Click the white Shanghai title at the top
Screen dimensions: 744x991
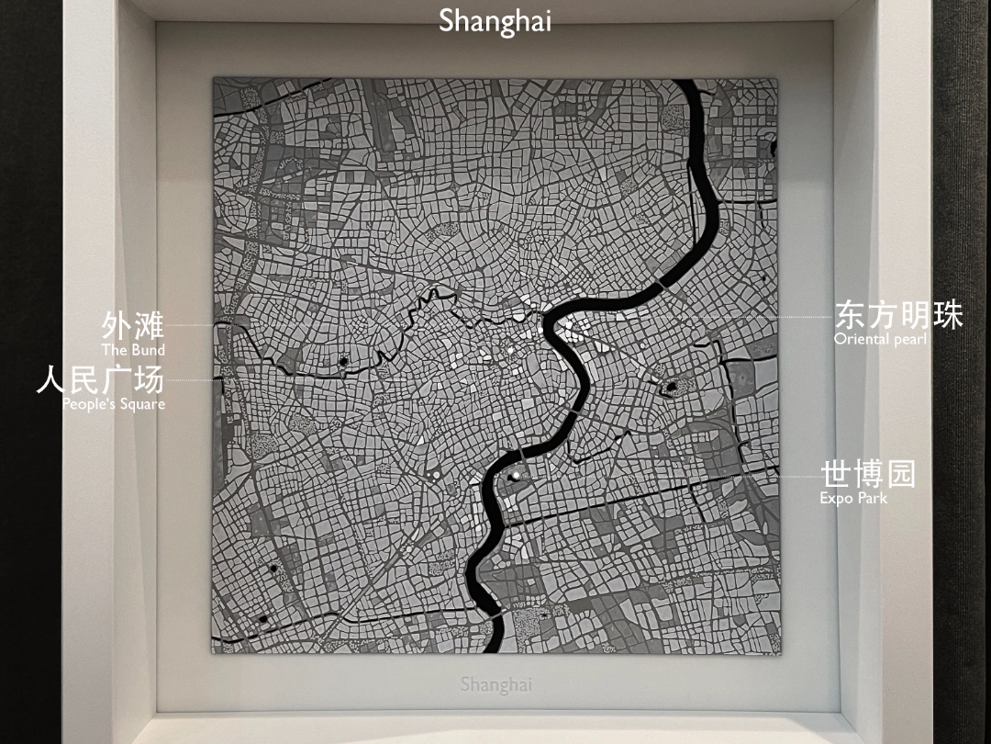(495, 20)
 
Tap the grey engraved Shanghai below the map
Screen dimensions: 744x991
(495, 684)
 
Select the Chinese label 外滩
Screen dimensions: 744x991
(133, 326)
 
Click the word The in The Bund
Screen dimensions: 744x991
(114, 350)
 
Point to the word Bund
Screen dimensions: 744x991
(147, 350)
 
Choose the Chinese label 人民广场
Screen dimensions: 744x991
(100, 379)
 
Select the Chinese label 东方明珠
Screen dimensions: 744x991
(898, 315)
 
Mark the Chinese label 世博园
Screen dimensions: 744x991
(867, 475)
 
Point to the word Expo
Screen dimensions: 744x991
(837, 498)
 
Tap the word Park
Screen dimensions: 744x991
(873, 498)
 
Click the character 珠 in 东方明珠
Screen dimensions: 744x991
(947, 315)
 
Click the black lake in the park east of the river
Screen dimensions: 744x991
(671, 387)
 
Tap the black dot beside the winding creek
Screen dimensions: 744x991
(343, 362)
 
